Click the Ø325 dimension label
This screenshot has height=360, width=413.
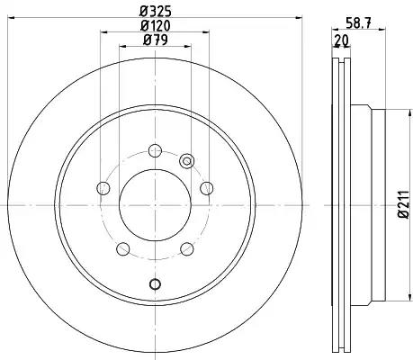[x=156, y=12]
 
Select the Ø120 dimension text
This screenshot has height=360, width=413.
[x=156, y=26]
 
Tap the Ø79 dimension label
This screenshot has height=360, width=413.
[x=156, y=40]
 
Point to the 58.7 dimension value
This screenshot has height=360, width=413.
[x=358, y=23]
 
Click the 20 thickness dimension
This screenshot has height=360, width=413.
[x=342, y=40]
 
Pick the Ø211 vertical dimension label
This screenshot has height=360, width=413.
[x=403, y=204]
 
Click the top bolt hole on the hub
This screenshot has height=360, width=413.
[x=155, y=150]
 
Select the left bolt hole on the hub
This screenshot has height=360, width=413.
[x=103, y=188]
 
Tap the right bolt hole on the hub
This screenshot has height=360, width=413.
[x=207, y=188]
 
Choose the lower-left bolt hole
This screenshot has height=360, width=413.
[x=122, y=249]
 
